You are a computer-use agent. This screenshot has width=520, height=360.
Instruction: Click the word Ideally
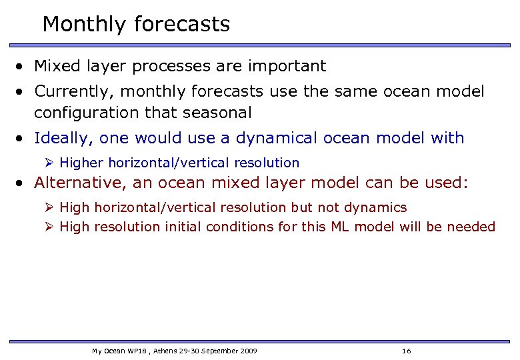point(62,138)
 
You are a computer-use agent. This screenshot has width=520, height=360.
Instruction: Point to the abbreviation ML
point(339,227)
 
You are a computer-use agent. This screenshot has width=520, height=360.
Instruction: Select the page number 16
point(407,351)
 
